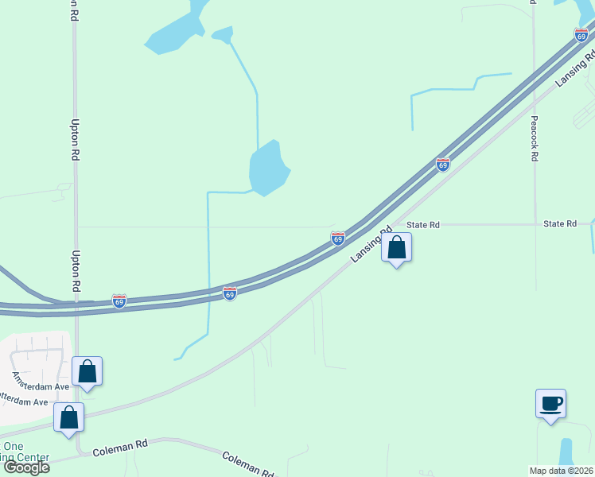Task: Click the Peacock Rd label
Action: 535,138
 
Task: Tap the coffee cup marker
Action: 550,403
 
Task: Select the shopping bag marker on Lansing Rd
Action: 397,248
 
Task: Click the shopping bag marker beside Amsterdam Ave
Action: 87,371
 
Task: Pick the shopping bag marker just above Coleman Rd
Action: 69,417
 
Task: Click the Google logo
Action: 25,467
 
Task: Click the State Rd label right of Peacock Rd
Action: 560,224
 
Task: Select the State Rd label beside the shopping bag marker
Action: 423,225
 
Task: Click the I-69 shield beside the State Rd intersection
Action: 338,238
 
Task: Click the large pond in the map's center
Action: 268,167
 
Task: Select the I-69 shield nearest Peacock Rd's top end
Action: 581,35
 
